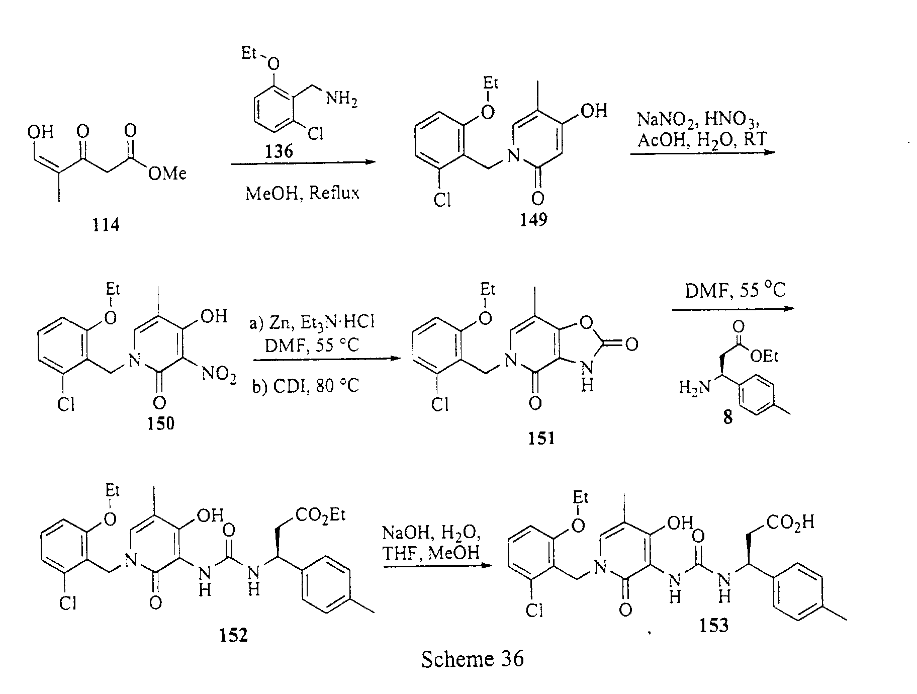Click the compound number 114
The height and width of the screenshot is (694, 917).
(x=106, y=225)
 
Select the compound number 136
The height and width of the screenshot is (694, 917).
(x=279, y=150)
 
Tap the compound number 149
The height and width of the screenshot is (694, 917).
(x=533, y=219)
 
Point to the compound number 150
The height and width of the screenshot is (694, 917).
(x=161, y=423)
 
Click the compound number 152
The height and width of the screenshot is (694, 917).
(x=234, y=635)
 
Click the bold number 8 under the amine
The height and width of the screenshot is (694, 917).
(x=727, y=417)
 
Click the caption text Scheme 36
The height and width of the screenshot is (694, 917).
(x=473, y=659)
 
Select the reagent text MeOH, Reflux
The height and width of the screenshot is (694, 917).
(x=303, y=193)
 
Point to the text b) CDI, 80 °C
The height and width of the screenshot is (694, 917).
(x=305, y=385)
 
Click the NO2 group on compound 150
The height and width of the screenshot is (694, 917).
(x=219, y=375)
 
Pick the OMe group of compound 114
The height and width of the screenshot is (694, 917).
(x=167, y=173)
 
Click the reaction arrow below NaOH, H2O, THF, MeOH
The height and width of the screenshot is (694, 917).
(x=436, y=565)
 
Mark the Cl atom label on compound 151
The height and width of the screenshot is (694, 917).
(x=440, y=405)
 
